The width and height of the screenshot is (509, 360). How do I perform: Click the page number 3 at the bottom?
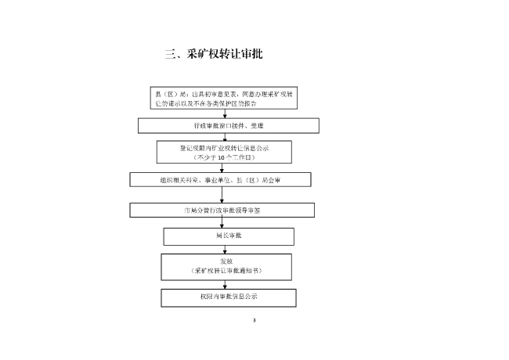pyautogui.click(x=254, y=320)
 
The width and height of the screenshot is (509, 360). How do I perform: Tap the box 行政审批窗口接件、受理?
pyautogui.click(x=229, y=125)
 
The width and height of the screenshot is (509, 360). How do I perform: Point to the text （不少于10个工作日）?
pyautogui.click(x=224, y=157)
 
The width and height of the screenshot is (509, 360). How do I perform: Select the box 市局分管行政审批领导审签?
pyautogui.click(x=222, y=210)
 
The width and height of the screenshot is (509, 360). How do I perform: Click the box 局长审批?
pyautogui.click(x=229, y=236)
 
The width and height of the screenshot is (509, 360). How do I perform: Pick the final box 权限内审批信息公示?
pyautogui.click(x=229, y=297)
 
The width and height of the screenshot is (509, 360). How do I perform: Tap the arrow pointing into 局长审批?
pyautogui.click(x=227, y=222)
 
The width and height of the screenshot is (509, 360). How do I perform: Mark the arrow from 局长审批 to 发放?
pyautogui.click(x=227, y=249)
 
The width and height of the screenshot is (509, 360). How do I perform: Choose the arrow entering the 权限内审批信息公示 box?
pyautogui.click(x=227, y=285)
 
